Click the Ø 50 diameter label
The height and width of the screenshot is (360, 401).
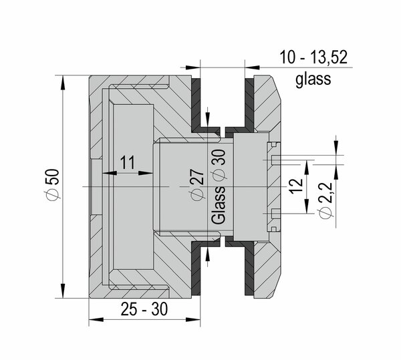(x=54, y=184)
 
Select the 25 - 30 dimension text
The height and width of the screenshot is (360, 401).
(x=144, y=309)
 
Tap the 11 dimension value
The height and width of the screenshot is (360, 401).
(x=128, y=162)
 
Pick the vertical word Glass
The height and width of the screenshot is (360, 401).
(x=219, y=206)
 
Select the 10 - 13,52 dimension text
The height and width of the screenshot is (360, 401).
(x=313, y=57)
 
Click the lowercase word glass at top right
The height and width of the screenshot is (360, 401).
(x=313, y=79)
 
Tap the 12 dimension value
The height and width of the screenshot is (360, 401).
(x=296, y=186)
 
